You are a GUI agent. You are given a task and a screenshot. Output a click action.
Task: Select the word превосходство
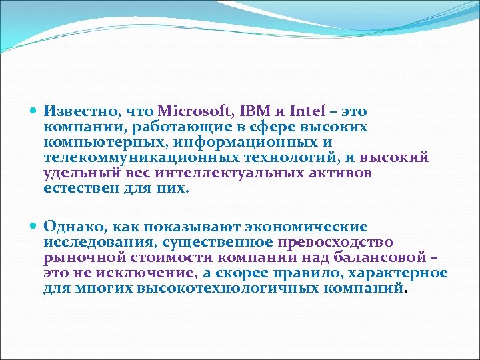click(x=335, y=243)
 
